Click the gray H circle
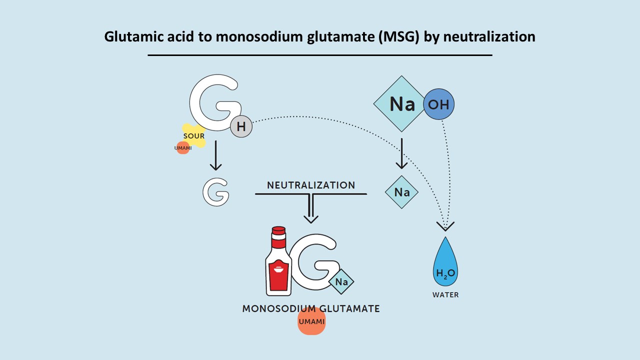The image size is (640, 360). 241,127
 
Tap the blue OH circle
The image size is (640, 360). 438,104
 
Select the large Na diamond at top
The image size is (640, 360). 402,104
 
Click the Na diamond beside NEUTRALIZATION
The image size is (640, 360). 401,192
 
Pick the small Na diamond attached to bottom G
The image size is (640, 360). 341,282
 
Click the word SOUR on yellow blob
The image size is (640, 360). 193,136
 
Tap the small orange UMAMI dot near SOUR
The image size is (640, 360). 182,147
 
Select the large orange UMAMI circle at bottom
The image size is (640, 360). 311,321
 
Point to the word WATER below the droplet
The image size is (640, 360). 445,295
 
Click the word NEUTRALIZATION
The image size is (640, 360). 311,185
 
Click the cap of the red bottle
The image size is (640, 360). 278,231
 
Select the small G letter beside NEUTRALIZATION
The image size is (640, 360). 216,192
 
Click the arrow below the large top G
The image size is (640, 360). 215,156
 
